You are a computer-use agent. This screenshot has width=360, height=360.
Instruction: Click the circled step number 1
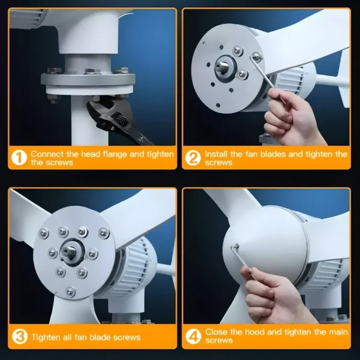coord(19,158)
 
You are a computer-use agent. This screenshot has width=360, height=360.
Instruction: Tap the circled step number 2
coord(193,158)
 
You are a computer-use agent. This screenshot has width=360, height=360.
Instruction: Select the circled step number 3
coord(20,337)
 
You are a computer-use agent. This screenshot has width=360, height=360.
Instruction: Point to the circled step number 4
coord(193,337)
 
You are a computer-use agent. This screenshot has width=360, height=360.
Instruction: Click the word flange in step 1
coord(115,154)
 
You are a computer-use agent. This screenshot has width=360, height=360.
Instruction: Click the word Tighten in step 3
coord(47,337)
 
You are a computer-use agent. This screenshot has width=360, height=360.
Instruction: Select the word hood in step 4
coord(255,332)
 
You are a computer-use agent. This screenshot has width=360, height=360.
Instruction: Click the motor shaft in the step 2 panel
coord(221,67)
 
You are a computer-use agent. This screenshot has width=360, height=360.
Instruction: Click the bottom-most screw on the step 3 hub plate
coord(70,292)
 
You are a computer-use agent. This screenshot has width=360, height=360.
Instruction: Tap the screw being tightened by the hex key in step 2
coord(256,57)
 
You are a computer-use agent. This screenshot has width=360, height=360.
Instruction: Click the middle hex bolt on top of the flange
coord(92,71)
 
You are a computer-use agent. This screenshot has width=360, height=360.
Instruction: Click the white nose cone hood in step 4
coord(266,241)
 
